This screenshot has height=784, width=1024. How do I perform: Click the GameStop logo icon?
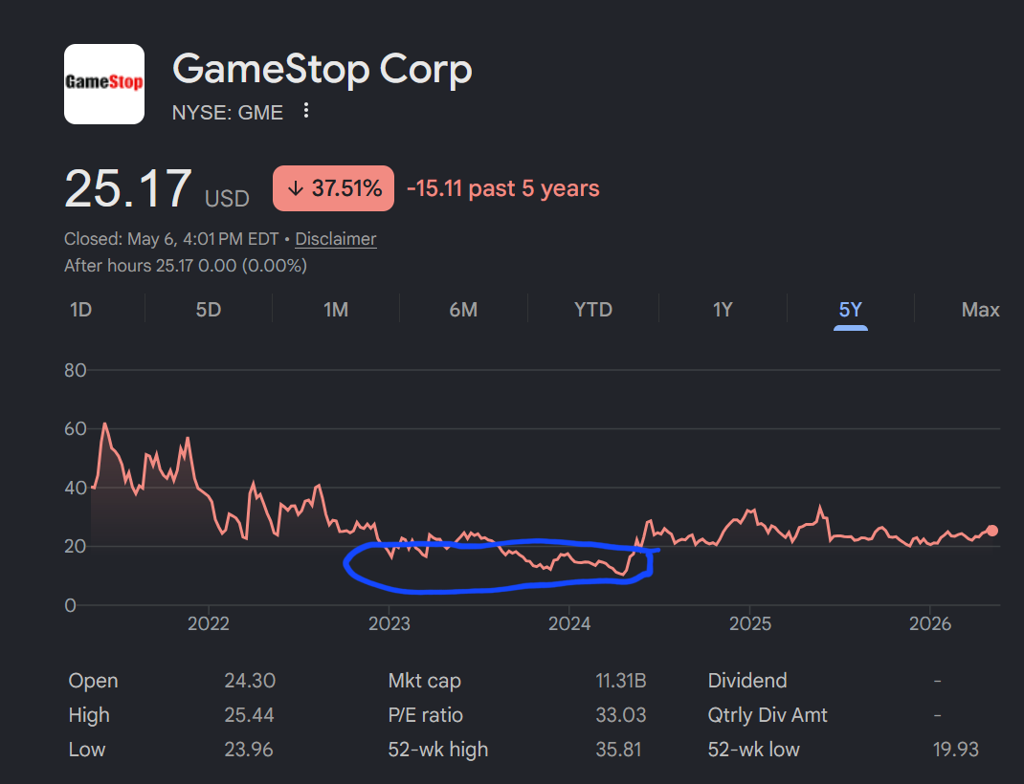[104, 83]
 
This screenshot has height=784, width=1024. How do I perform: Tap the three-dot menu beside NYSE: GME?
[305, 110]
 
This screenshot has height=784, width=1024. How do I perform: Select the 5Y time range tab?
[850, 309]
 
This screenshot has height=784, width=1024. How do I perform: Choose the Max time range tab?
[980, 309]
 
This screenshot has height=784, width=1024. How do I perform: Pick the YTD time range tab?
[593, 309]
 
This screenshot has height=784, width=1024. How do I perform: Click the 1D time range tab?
[81, 309]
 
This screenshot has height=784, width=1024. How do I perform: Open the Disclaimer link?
[336, 239]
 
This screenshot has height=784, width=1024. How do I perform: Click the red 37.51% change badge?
[333, 188]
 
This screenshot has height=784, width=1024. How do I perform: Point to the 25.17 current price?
[128, 189]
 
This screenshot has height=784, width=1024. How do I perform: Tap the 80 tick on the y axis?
[75, 370]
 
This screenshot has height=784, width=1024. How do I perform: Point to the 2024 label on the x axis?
[568, 623]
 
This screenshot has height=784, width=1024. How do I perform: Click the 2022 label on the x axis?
[209, 623]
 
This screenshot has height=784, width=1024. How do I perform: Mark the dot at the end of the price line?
[992, 531]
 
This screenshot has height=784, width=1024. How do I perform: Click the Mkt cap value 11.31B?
[620, 681]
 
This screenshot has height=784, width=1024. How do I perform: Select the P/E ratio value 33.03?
[620, 715]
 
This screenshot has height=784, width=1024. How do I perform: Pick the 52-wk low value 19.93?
[955, 750]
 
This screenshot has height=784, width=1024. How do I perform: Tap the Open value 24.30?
[250, 681]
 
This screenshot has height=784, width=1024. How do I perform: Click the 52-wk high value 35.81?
[618, 750]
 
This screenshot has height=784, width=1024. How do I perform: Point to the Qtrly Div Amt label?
[768, 715]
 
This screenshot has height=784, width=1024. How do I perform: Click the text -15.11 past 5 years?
[502, 188]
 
